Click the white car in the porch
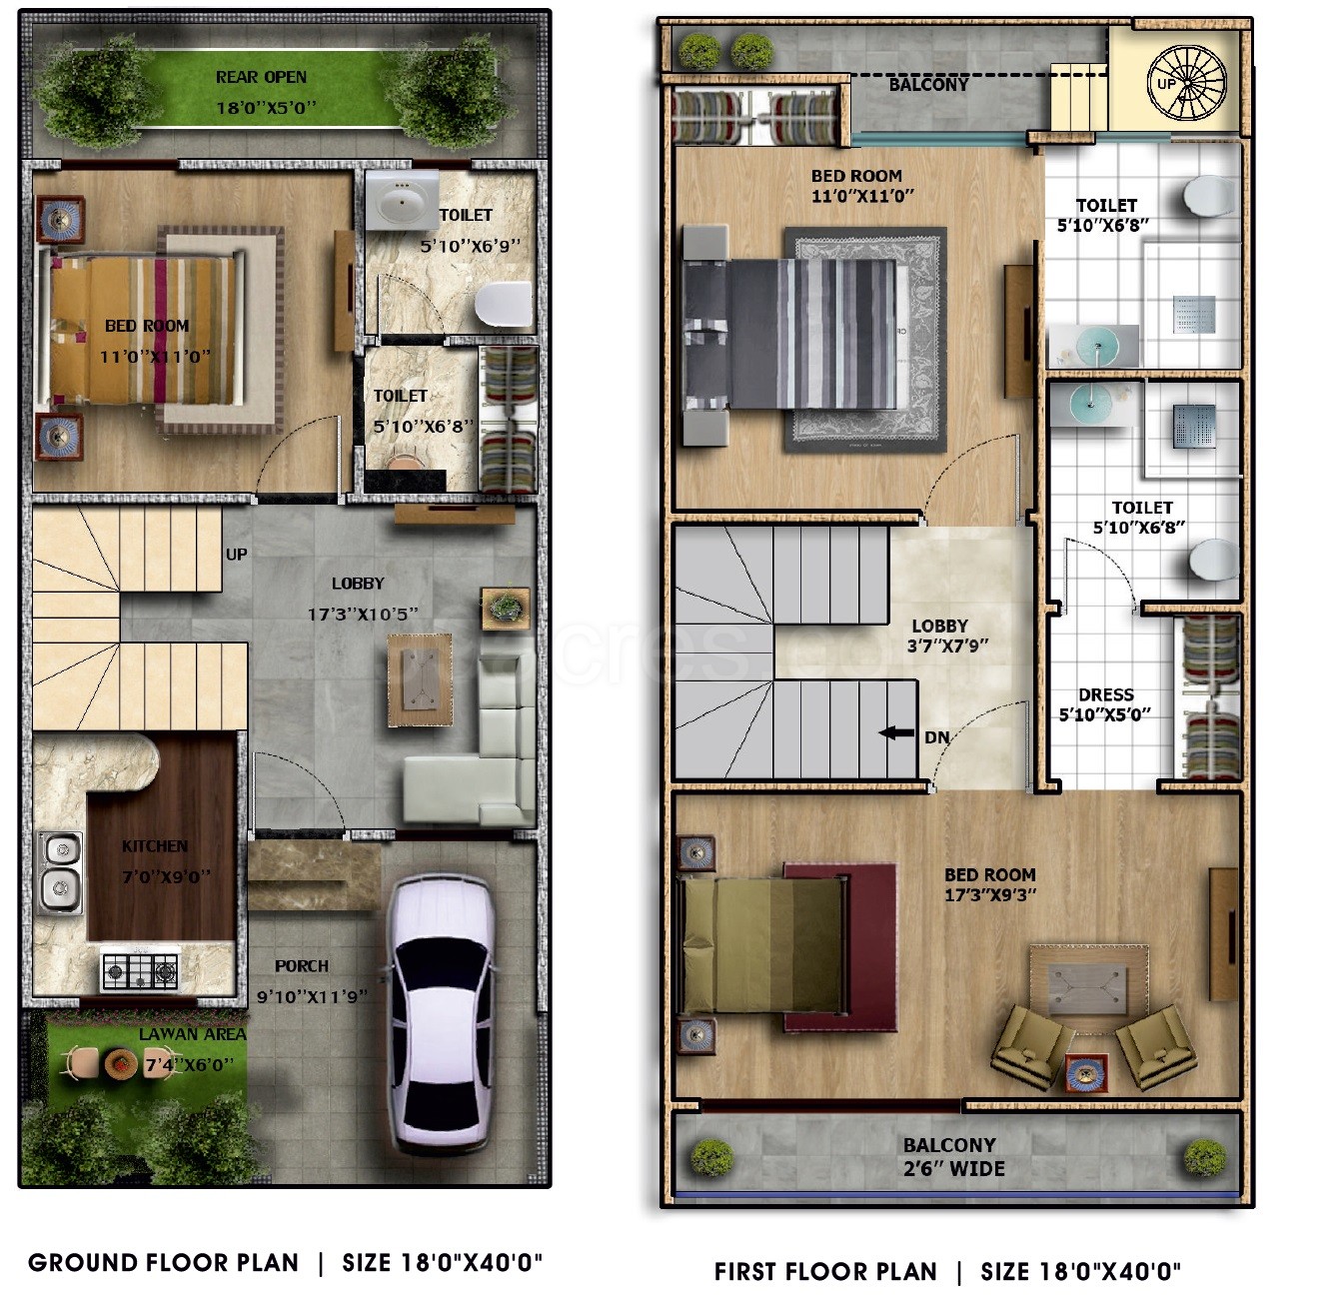point(440,1015)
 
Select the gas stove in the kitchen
point(140,970)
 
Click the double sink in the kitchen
point(61,872)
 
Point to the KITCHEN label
point(155,846)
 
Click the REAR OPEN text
point(261,77)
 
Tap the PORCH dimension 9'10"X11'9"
point(312,996)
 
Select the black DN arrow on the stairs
point(896,732)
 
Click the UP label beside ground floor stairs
point(237,555)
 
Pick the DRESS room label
point(1106,694)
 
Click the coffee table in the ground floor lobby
point(420,680)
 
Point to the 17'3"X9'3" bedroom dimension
point(990,894)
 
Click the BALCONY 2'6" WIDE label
point(953,1157)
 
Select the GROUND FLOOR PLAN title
point(163,1263)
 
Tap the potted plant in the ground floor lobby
point(506,608)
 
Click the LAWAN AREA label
point(193,1034)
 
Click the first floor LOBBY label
point(939,626)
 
